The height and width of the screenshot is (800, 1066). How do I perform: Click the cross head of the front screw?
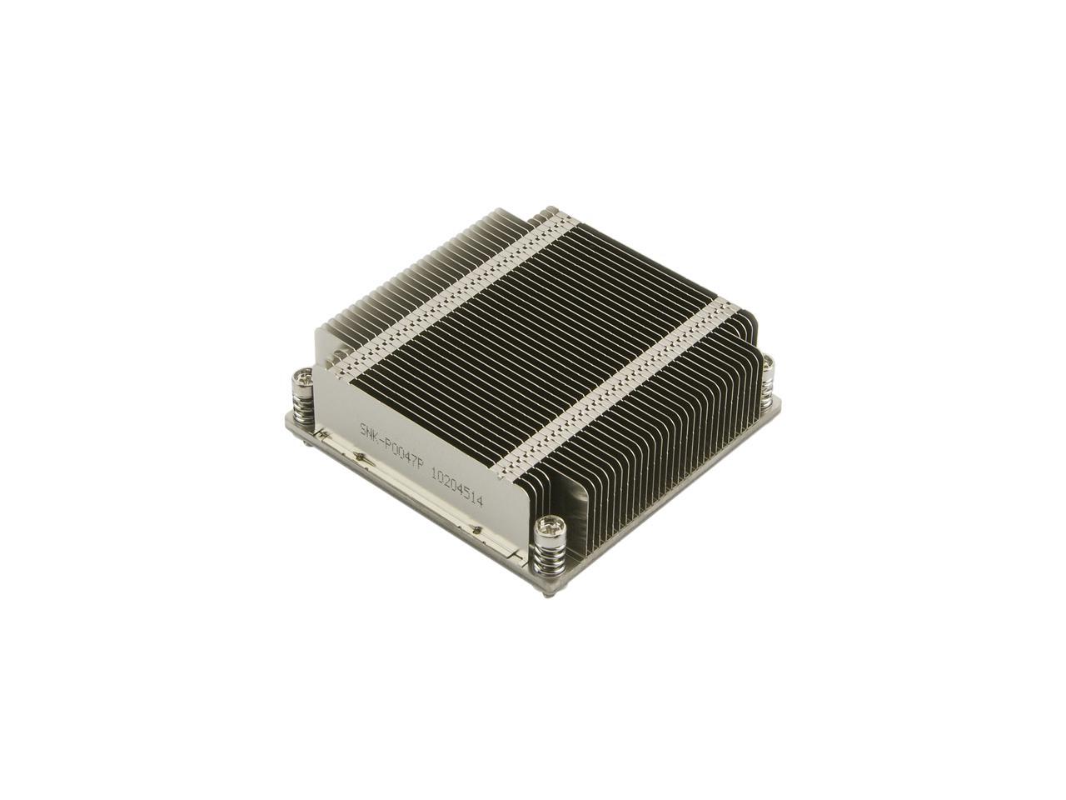pos(550,526)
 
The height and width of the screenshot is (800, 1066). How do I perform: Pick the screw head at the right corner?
pos(768,362)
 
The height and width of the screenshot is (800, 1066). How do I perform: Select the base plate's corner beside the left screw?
pos(287,412)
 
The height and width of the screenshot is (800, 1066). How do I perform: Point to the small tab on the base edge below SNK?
pos(358,456)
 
